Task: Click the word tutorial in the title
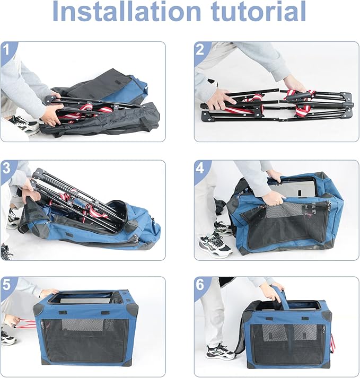pyautogui.click(x=258, y=11)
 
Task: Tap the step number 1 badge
pyautogui.click(x=6, y=50)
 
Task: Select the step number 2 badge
pyautogui.click(x=200, y=50)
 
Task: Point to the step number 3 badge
pyautogui.click(x=6, y=168)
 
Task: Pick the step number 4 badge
pyautogui.click(x=200, y=168)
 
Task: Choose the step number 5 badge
pyautogui.click(x=6, y=285)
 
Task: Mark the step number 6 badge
pyautogui.click(x=200, y=285)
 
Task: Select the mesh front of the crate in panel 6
pyautogui.click(x=286, y=344)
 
